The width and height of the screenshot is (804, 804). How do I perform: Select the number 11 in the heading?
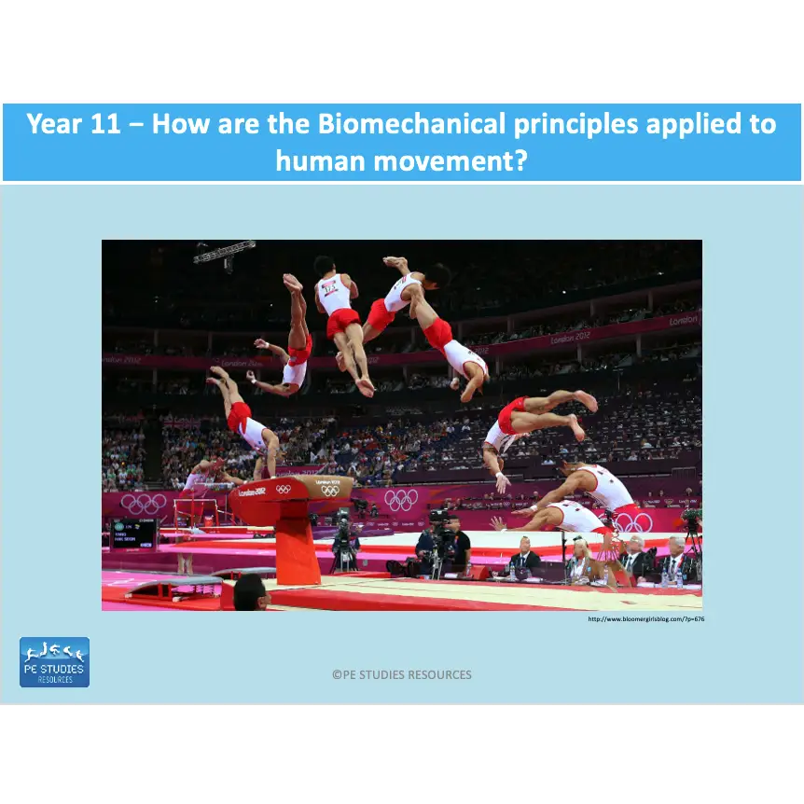[x=102, y=124]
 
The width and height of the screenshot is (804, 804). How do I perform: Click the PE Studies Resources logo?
[x=54, y=662]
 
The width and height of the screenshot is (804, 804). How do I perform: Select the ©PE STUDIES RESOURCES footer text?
[x=402, y=674]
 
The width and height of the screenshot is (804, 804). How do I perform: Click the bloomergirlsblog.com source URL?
[x=645, y=618]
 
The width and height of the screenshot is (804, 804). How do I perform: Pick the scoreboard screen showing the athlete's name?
[x=134, y=534]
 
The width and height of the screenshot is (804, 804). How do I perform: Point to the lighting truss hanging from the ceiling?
[x=225, y=250]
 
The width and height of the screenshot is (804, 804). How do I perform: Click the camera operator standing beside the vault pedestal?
[x=345, y=546]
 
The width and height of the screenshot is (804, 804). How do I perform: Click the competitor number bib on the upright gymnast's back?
[x=332, y=288]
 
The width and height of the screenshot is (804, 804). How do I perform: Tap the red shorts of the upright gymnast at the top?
[x=342, y=322]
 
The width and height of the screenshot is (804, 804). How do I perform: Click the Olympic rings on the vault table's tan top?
[x=330, y=490]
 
